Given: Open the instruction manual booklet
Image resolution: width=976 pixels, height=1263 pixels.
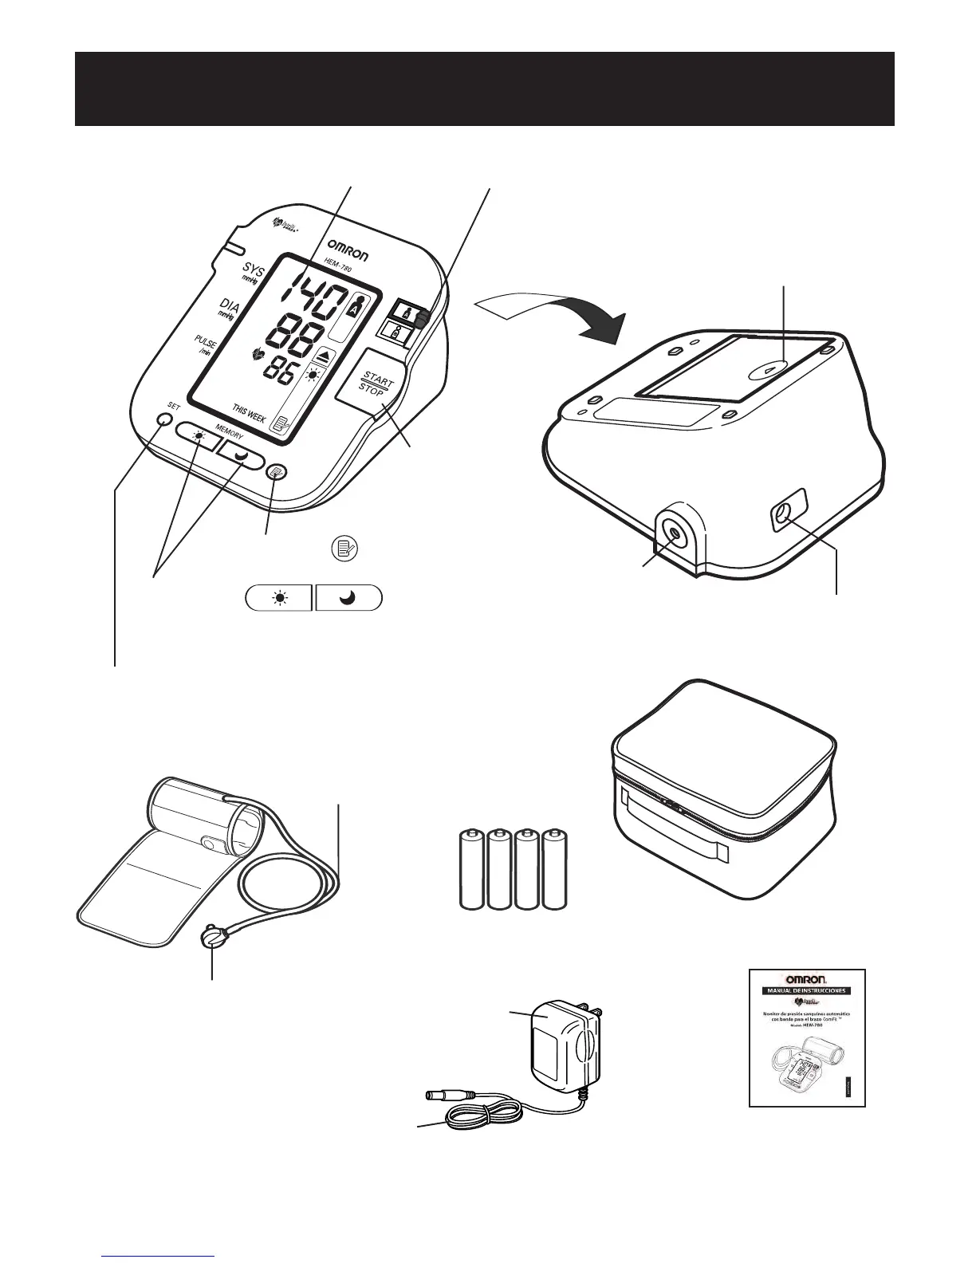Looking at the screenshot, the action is click(807, 1037).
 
